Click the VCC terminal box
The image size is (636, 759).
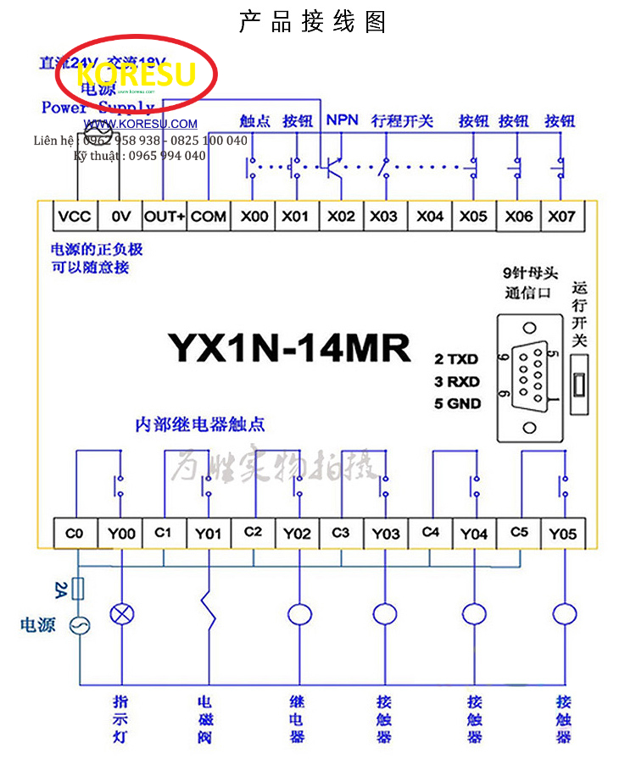tap(75, 216)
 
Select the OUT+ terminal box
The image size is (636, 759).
tap(165, 216)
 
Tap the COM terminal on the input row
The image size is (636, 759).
tap(209, 216)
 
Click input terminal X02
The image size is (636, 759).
tap(341, 216)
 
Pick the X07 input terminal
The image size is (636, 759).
tap(561, 216)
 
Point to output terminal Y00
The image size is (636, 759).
tap(122, 534)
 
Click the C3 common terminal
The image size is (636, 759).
tap(341, 533)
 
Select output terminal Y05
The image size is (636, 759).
tap(562, 534)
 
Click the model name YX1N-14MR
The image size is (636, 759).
tap(289, 347)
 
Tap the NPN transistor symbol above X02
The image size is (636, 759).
tap(334, 165)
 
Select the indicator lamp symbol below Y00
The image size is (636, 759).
tap(123, 613)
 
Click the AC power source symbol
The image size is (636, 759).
tap(80, 626)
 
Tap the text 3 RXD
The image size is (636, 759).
tap(457, 381)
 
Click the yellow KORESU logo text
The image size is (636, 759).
tap(136, 75)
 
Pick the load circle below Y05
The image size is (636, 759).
tap(562, 613)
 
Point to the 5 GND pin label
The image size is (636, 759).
tap(458, 403)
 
